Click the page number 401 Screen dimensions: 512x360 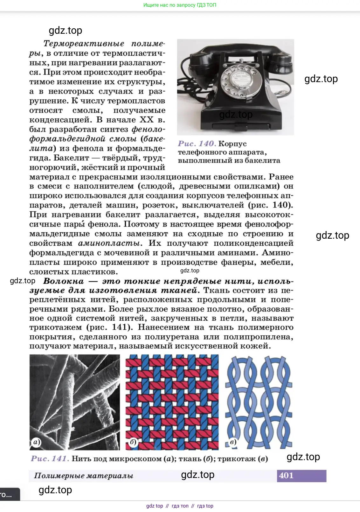[286, 475]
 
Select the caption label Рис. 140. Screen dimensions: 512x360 [197, 144]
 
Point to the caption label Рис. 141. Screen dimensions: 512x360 [50, 459]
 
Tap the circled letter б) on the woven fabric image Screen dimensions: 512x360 [133, 442]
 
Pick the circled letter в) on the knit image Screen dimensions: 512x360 [233, 442]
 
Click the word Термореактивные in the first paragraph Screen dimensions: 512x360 [84, 44]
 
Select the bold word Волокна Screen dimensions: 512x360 [64, 281]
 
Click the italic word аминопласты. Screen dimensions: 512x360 [109, 243]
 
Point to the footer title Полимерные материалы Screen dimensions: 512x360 [84, 476]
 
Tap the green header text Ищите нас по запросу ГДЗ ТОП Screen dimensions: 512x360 [180, 5]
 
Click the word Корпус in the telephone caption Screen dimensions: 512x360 [232, 144]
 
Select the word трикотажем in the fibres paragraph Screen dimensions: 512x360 [56, 327]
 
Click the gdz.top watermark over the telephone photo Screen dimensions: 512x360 [236, 115]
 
